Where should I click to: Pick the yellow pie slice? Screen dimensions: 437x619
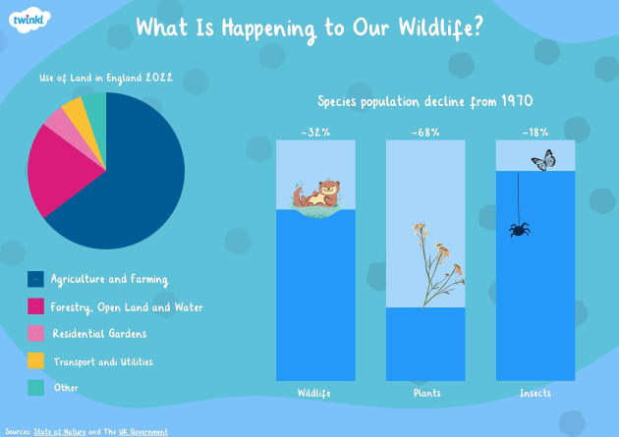74,112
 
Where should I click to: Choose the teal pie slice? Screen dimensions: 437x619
94,105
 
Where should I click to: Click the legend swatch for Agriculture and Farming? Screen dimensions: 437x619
35,280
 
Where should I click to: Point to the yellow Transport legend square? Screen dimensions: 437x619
35,362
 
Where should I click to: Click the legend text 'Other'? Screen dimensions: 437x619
65,388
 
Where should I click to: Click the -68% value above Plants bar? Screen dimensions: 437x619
425,132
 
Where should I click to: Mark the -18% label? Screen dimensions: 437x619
535,132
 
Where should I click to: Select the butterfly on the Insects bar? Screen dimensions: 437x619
543,160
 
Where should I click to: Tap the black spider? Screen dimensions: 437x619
520,229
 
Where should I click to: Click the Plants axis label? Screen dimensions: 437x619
425,393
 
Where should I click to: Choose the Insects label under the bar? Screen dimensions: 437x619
535,393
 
